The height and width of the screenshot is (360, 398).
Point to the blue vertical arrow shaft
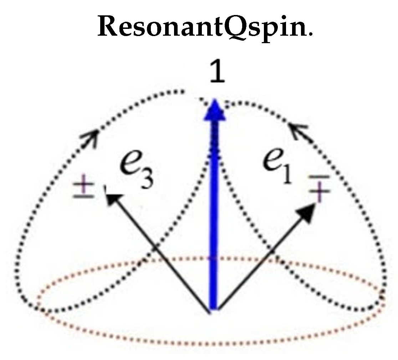tap(213, 214)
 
